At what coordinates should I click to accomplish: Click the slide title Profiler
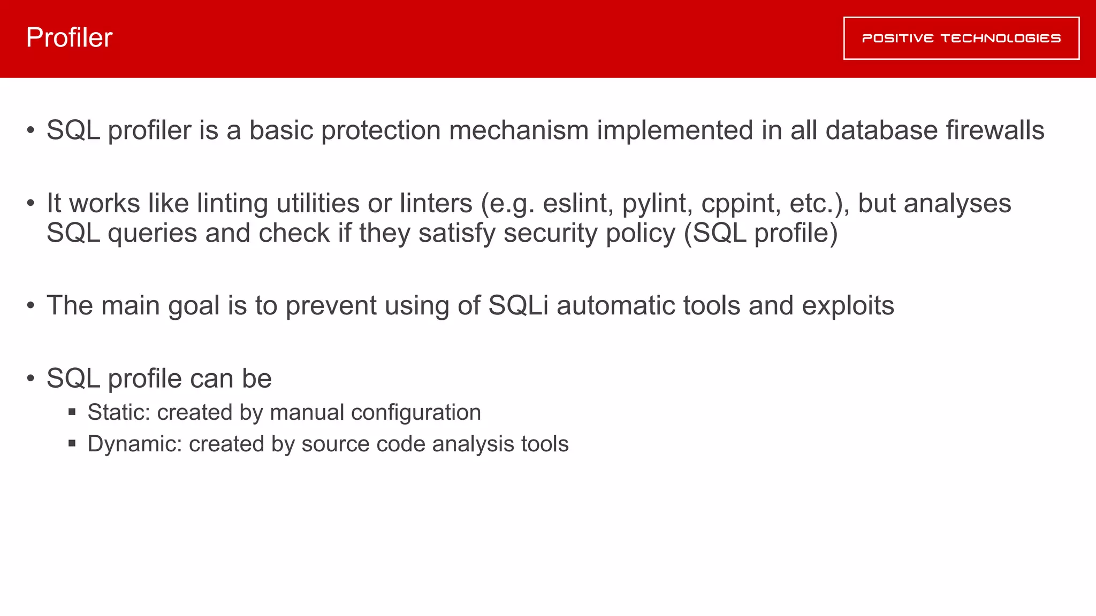click(x=69, y=37)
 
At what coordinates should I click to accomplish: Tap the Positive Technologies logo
click(x=961, y=38)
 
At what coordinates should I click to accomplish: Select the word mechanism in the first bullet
click(x=519, y=130)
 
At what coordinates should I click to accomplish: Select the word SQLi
click(x=518, y=306)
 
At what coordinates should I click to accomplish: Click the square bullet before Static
click(x=72, y=412)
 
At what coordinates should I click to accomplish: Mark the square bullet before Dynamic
click(x=72, y=443)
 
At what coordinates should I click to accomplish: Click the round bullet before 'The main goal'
click(x=31, y=306)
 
